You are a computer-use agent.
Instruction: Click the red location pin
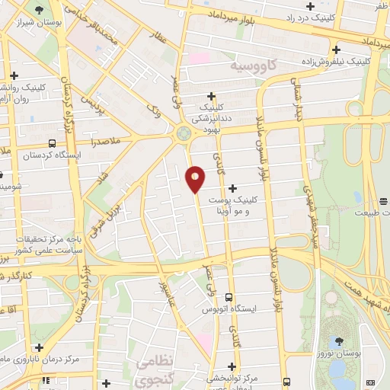(196, 180)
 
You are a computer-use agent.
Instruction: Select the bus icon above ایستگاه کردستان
(51, 142)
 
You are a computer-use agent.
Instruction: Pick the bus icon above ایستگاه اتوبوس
(229, 298)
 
